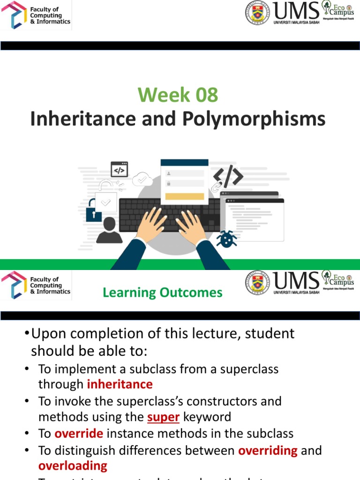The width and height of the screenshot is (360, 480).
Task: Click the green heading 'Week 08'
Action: [178, 95]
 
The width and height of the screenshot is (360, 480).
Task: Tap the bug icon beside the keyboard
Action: [226, 239]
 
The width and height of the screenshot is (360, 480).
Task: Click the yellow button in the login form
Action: [185, 196]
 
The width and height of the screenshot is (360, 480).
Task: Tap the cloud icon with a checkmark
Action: [142, 179]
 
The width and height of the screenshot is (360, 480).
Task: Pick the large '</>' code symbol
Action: [228, 176]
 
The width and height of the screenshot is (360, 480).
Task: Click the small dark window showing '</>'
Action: [119, 169]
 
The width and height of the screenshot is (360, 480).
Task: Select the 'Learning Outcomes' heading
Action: [163, 293]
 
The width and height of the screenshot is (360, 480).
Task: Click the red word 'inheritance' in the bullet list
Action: [120, 385]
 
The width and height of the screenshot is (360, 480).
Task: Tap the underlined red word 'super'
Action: [164, 417]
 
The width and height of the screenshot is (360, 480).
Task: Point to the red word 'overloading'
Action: [73, 466]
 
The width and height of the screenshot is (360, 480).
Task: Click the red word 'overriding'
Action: [268, 450]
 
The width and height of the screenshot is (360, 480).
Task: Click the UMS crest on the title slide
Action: [258, 13]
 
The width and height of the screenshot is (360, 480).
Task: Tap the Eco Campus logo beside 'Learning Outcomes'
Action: [337, 280]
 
